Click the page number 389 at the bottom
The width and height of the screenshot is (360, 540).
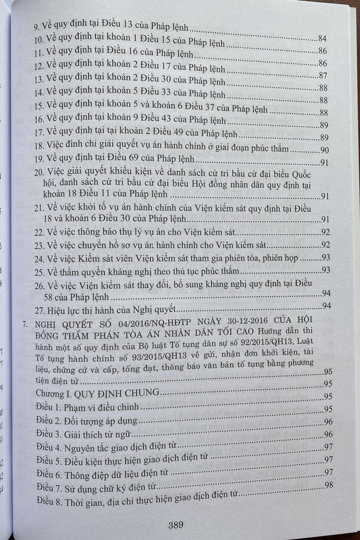tap(175, 526)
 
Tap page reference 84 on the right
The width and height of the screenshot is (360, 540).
tap(322, 39)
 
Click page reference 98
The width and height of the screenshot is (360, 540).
tap(329, 485)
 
